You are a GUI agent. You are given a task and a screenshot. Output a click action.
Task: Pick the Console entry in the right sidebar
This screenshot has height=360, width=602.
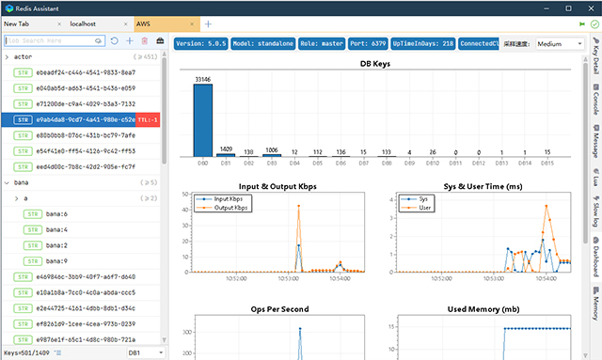594,104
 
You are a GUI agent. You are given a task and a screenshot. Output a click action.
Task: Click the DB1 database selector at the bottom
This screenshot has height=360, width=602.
147,352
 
